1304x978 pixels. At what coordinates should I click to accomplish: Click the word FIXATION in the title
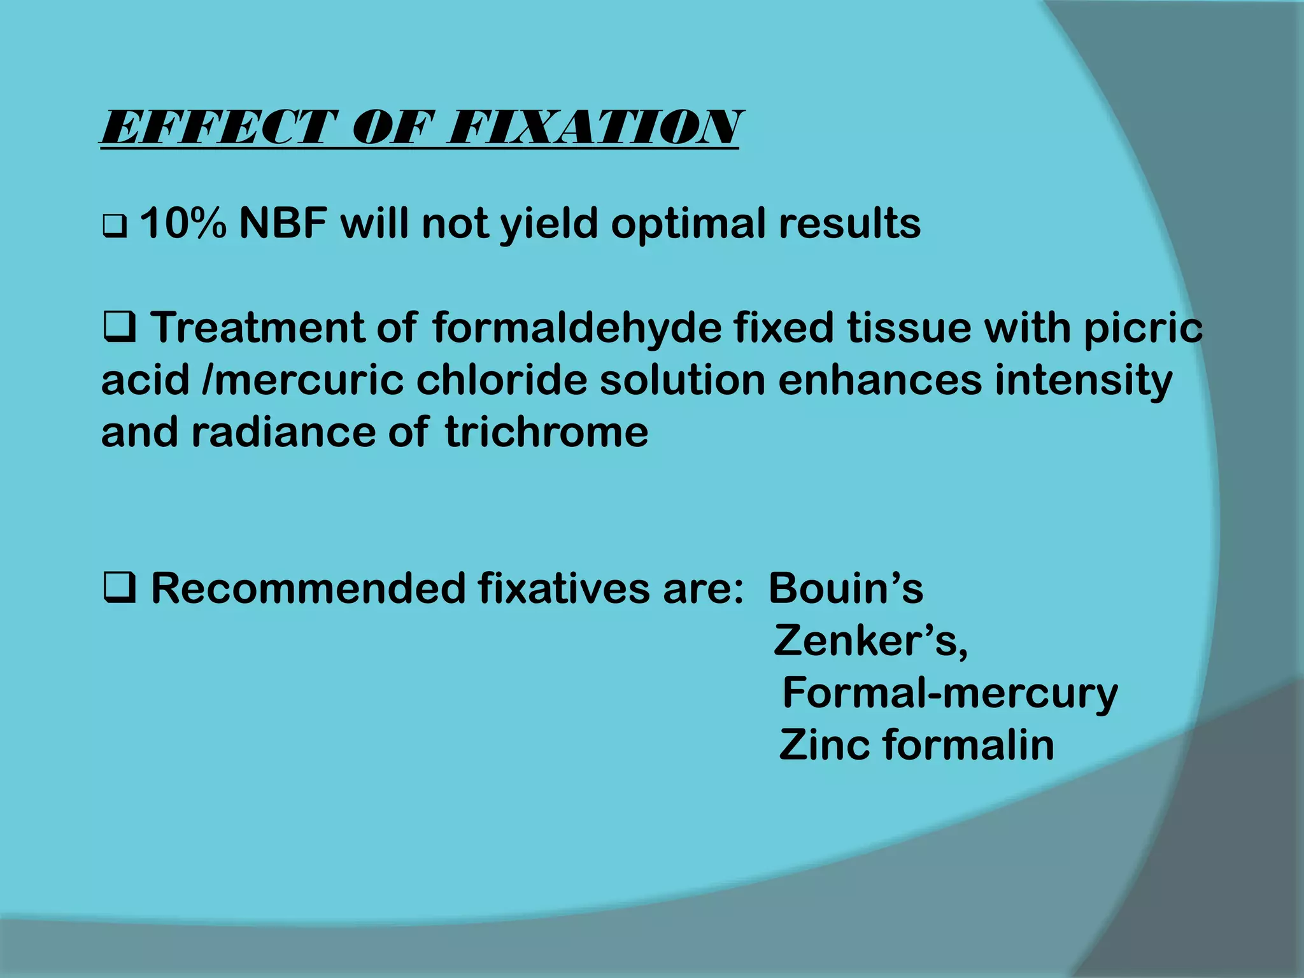[592, 127]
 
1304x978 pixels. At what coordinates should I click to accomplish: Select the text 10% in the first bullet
[182, 224]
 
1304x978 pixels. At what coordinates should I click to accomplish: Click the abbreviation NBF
[283, 224]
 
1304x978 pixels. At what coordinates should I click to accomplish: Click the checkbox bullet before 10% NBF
[114, 226]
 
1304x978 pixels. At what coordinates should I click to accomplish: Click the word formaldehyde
[577, 329]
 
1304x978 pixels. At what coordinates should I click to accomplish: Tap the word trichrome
[546, 433]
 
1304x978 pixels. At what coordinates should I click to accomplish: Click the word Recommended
[309, 589]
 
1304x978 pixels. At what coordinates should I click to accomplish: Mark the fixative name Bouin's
[846, 589]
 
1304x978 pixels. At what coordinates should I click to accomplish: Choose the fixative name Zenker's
[870, 641]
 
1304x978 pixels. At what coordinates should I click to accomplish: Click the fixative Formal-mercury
[949, 694]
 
